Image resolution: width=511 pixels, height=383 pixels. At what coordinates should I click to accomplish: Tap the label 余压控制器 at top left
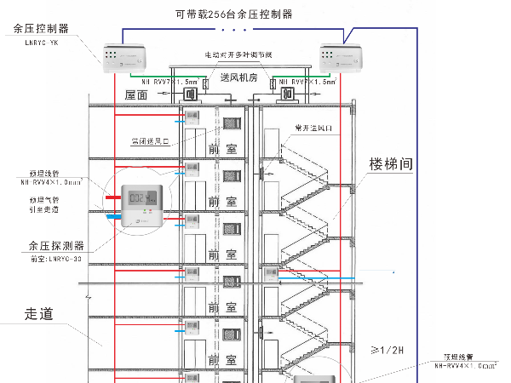coord(40,28)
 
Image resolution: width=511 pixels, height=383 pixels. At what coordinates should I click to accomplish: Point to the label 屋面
coord(137,94)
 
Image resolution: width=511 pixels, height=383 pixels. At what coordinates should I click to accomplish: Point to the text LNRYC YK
coord(37,40)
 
